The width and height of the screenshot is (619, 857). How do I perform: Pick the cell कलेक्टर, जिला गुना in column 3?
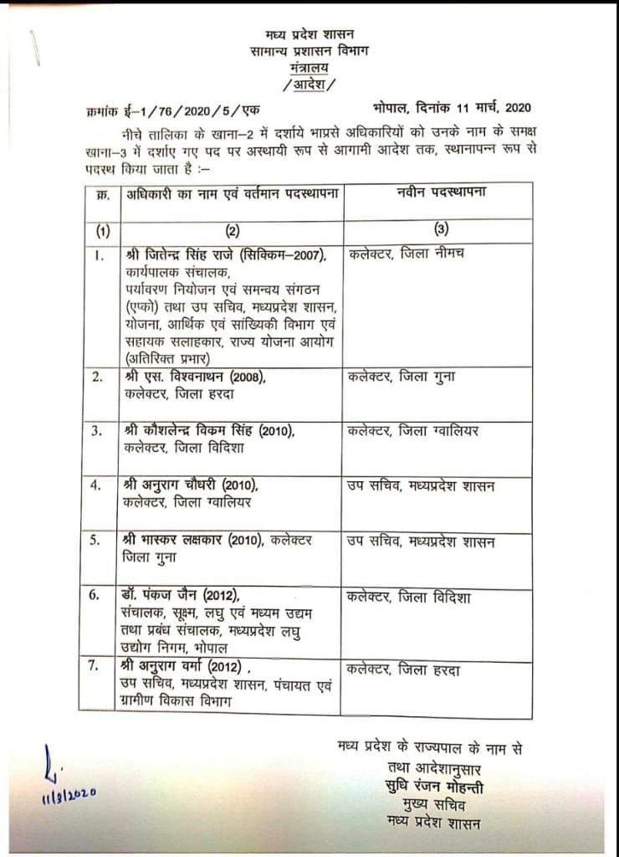click(401, 377)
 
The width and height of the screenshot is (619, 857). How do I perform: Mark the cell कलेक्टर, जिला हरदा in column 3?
click(403, 670)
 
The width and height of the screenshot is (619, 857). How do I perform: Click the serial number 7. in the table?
click(98, 667)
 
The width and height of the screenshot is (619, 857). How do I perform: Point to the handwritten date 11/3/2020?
click(69, 791)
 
